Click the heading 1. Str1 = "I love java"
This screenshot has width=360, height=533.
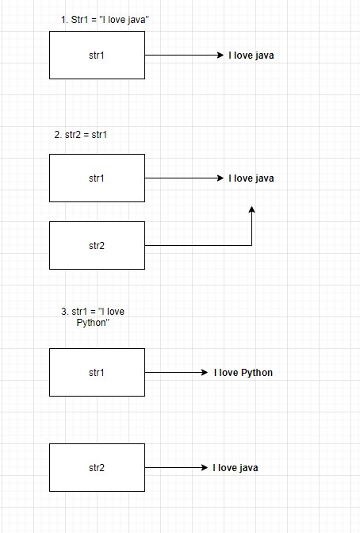[x=105, y=20]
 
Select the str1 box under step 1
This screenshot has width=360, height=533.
[x=98, y=55]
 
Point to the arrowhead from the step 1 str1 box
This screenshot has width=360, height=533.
[x=220, y=55]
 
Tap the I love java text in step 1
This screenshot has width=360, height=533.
[x=251, y=56]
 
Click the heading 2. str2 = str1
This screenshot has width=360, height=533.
[x=81, y=135]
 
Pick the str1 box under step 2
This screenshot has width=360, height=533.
[x=98, y=178]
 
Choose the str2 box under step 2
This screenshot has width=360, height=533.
[x=98, y=245]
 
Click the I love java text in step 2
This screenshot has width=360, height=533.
[x=251, y=178]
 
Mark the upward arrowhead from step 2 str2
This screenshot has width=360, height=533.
[x=251, y=209]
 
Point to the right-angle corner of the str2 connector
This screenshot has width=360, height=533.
[x=251, y=245]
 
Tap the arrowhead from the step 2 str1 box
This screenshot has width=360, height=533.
[x=220, y=178]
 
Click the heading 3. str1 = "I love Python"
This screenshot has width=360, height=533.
[x=93, y=316]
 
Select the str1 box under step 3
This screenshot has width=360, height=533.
[x=98, y=372]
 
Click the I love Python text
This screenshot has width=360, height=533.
[x=243, y=373]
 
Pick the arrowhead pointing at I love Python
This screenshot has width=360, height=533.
[x=205, y=372]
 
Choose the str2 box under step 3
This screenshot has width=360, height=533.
[x=98, y=467]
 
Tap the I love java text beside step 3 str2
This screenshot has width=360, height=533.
[x=236, y=468]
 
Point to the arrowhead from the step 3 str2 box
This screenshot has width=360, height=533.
[x=205, y=467]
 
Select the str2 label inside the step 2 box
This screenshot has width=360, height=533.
[x=97, y=245]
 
